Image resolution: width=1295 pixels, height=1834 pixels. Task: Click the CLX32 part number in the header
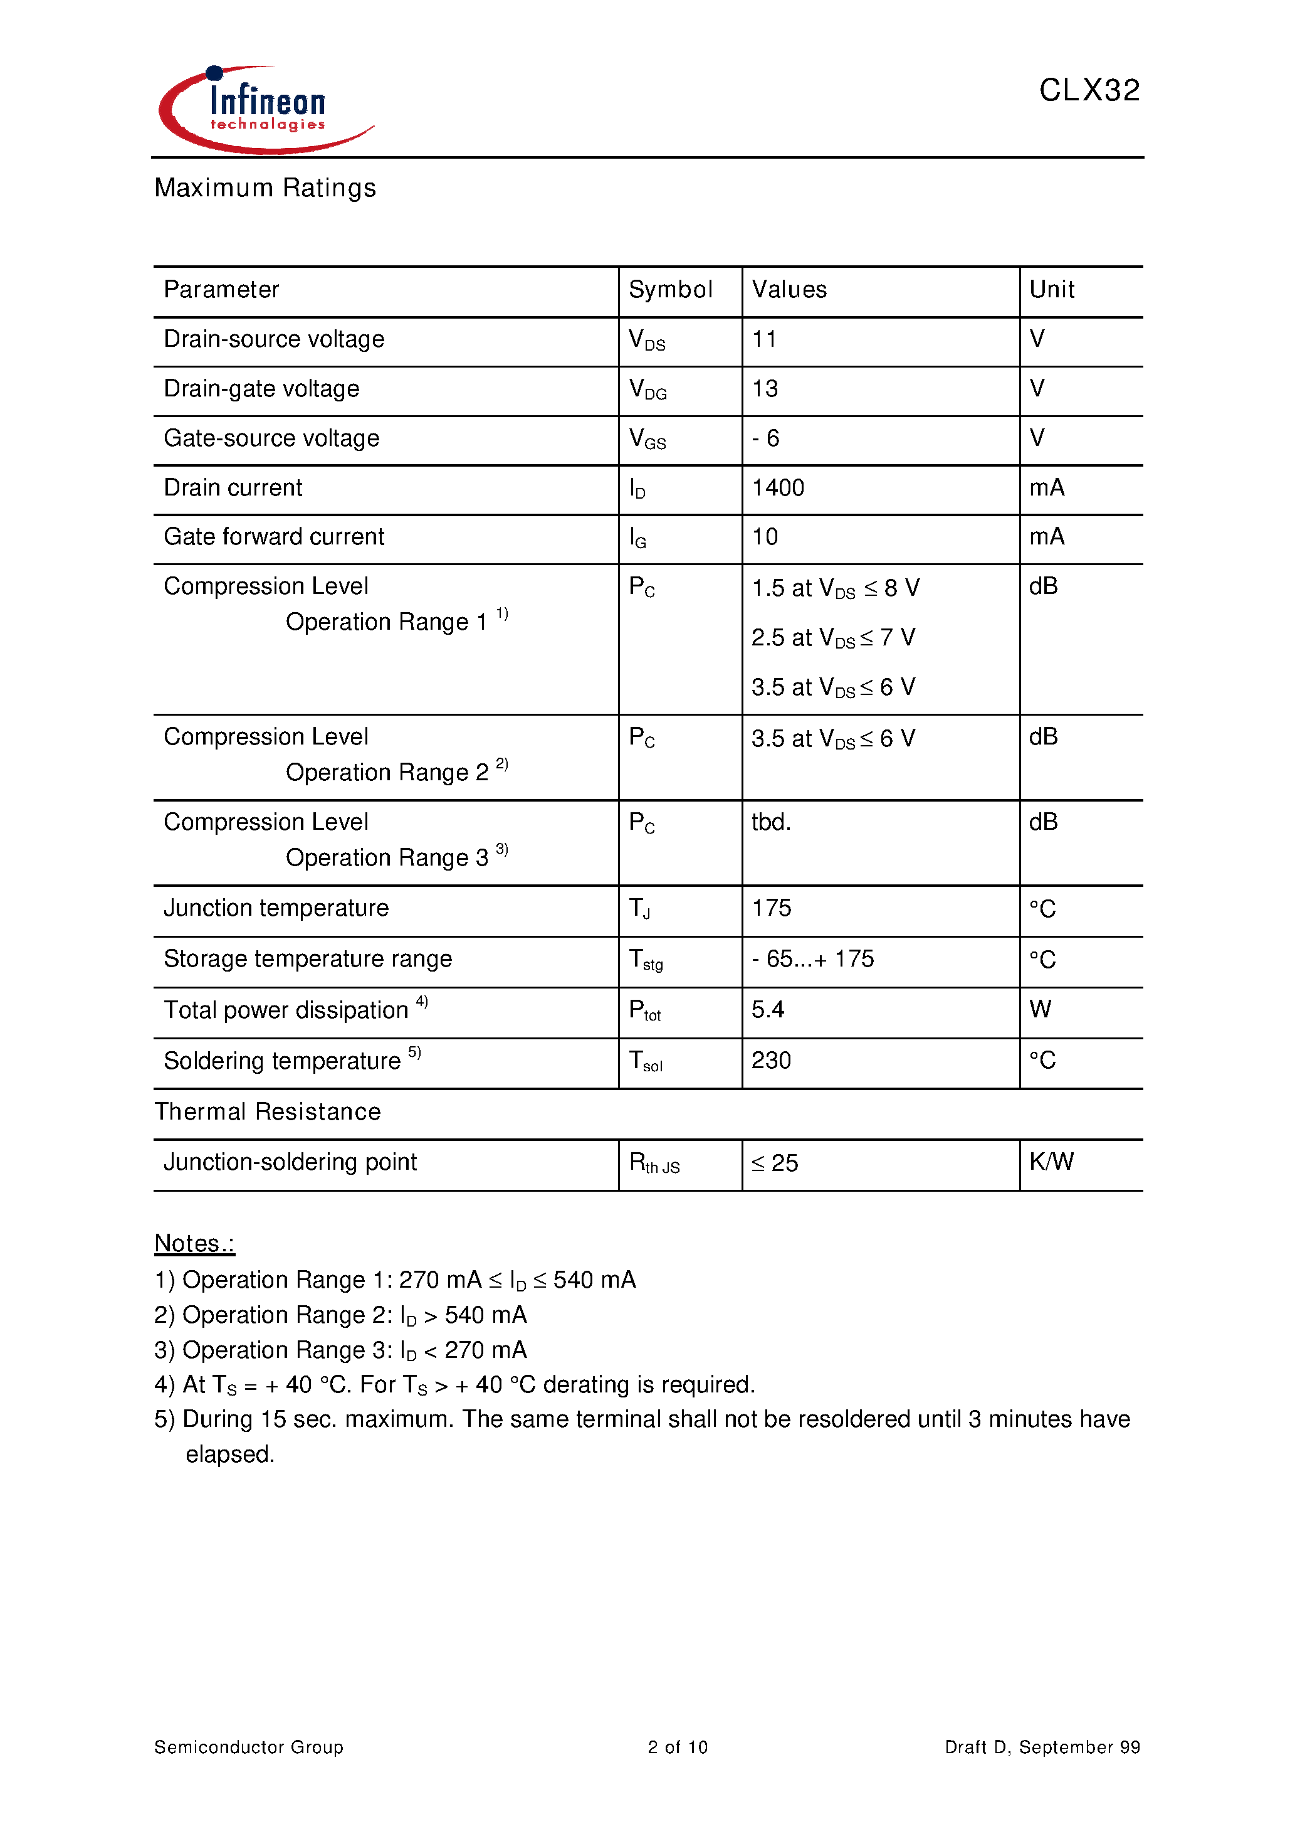[x=1089, y=90]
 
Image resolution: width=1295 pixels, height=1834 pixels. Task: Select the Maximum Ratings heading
[x=265, y=188]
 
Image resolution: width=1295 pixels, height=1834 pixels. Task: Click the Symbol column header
[x=670, y=289]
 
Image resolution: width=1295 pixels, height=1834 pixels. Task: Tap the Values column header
[x=789, y=289]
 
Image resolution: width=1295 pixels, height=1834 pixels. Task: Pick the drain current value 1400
[x=778, y=487]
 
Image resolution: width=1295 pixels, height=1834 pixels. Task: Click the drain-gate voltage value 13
[x=765, y=389]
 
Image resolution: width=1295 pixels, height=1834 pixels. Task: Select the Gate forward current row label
[x=274, y=537]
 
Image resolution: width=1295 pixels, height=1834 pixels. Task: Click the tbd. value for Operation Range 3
[x=770, y=822]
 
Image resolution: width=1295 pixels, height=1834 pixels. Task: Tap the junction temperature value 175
[x=771, y=908]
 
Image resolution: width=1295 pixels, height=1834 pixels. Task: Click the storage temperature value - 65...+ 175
[x=812, y=958]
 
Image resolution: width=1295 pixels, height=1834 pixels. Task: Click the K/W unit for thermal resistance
[x=1051, y=1162]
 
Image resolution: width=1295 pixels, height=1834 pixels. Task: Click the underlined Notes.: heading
[x=194, y=1244]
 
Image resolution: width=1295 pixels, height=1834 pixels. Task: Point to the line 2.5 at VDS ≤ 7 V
[x=833, y=637]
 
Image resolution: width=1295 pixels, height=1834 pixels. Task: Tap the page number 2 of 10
[x=677, y=1747]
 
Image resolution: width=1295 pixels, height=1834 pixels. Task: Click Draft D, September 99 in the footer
[x=1042, y=1747]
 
